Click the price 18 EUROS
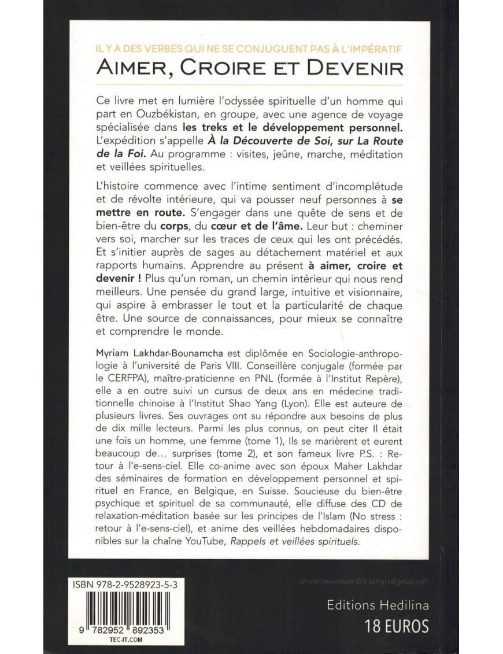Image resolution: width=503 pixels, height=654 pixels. point(397,626)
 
